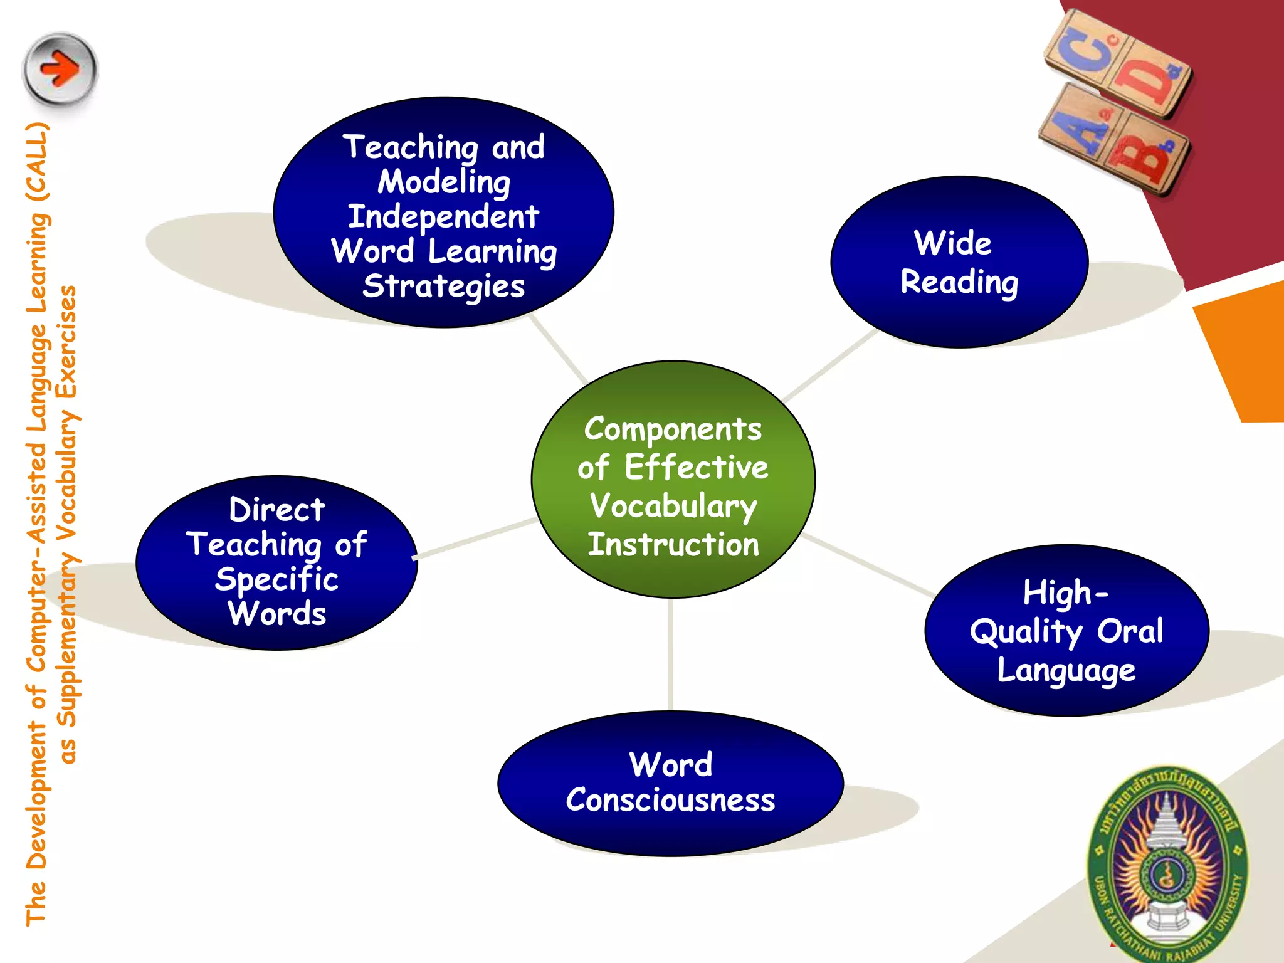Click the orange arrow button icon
[60, 69]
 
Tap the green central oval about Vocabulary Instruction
[673, 480]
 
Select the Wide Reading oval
[959, 262]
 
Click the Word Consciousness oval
[670, 783]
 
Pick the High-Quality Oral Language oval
[1066, 630]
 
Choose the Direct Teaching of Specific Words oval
[276, 562]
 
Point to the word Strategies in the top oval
[443, 286]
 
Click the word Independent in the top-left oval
[443, 216]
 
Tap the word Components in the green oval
[673, 429]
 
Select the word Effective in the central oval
[696, 468]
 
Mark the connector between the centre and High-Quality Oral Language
[868, 565]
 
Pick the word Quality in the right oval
[1026, 631]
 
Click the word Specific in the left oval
[276, 579]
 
